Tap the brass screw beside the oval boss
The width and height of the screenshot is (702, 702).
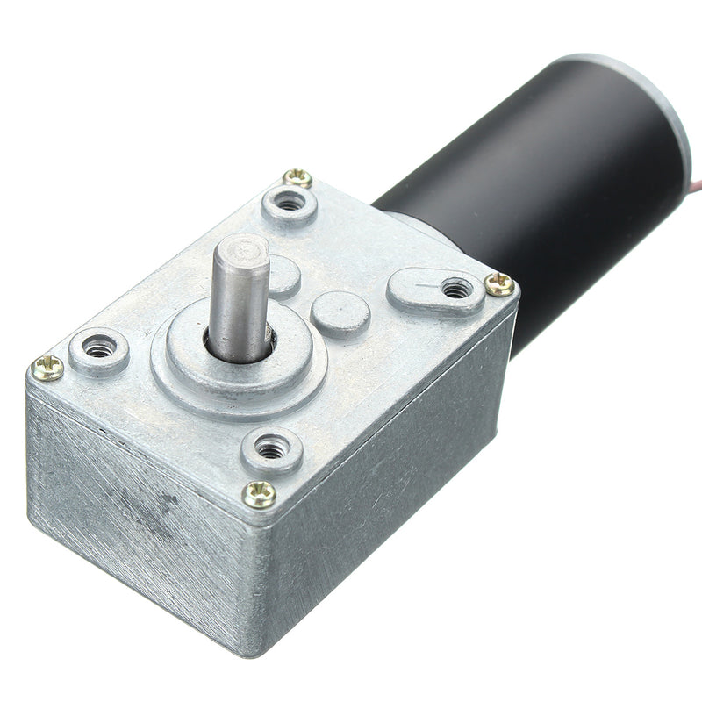tap(499, 283)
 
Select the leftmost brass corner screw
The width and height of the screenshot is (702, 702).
tap(48, 367)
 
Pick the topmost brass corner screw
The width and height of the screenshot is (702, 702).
tap(298, 177)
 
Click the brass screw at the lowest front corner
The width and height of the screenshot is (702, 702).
tap(259, 494)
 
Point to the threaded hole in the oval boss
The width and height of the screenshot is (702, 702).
tap(456, 287)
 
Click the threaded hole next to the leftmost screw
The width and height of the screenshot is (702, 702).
tap(99, 349)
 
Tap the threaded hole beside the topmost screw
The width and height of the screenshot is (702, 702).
tap(289, 204)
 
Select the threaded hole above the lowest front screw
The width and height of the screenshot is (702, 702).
tap(272, 449)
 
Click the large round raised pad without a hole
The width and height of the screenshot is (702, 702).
tap(340, 313)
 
